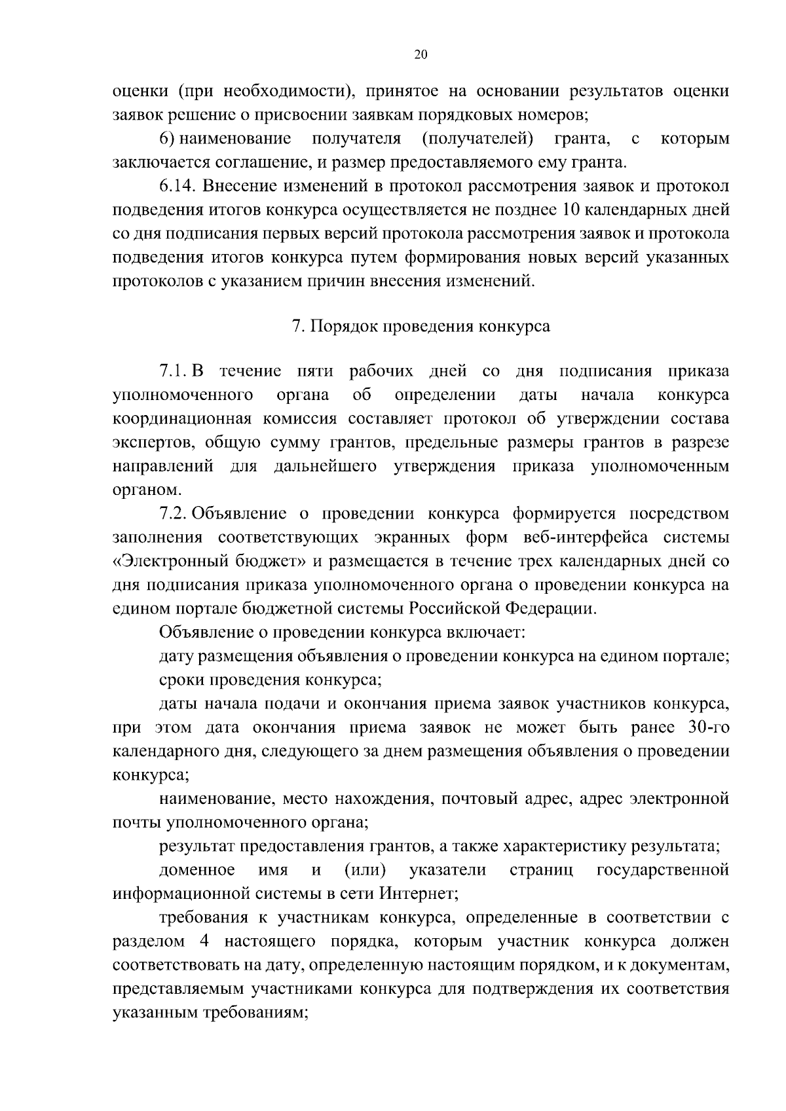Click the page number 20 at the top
(x=421, y=55)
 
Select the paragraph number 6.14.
(x=178, y=187)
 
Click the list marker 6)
(x=167, y=139)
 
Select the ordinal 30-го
(x=709, y=727)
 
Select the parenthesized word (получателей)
(x=477, y=139)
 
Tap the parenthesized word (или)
(x=365, y=869)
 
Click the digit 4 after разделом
(x=200, y=941)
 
